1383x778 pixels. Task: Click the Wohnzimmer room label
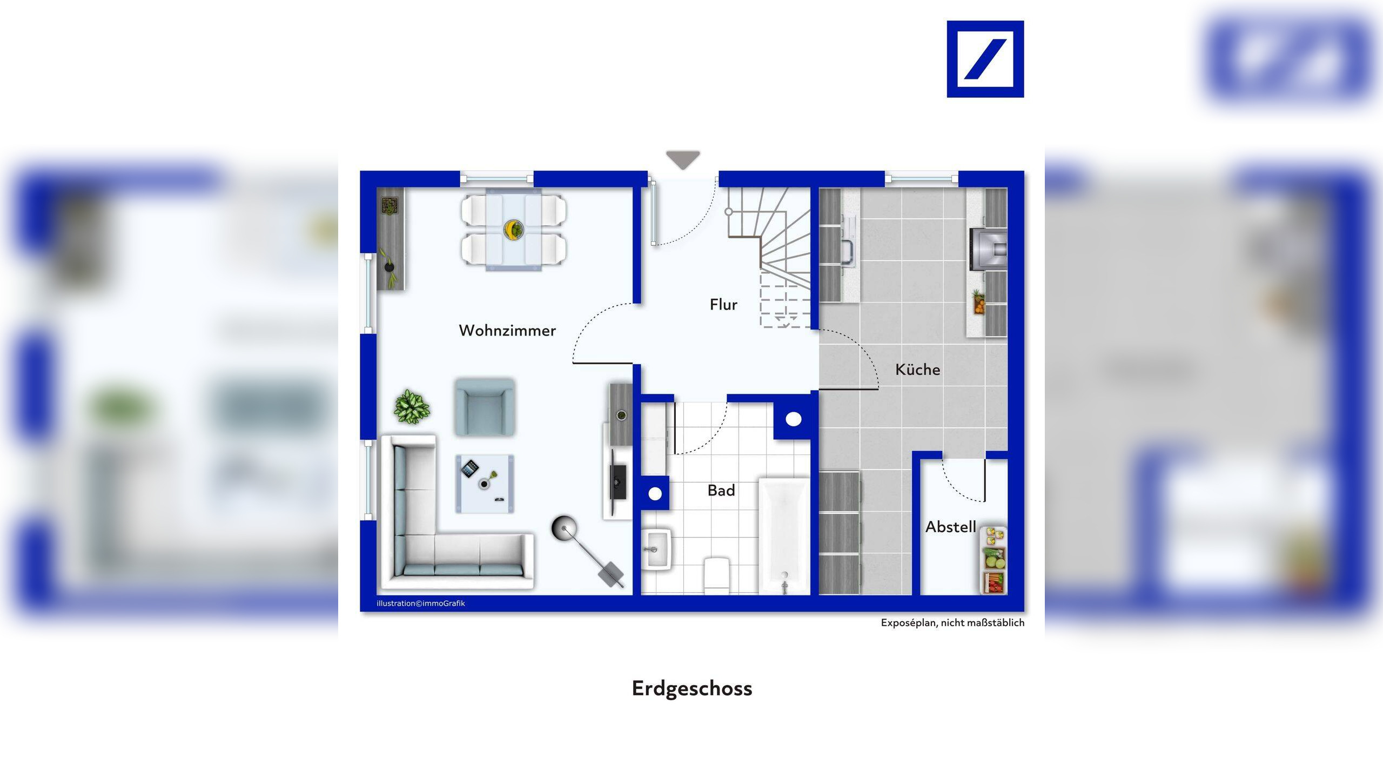pos(507,331)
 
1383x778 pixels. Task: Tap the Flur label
pos(723,305)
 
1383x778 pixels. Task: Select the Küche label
pos(917,370)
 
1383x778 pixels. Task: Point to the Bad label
pos(721,491)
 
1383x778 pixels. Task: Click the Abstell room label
pos(950,527)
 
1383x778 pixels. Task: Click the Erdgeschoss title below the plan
pos(691,688)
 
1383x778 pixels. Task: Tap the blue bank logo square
pos(985,59)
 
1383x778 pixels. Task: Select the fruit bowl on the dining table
pos(513,229)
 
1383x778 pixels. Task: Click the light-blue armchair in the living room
pos(485,407)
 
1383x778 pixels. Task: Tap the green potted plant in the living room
pos(412,406)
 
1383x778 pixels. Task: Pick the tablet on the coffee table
pos(470,468)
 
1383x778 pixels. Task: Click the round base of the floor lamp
pos(563,528)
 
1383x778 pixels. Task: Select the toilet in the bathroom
pos(717,575)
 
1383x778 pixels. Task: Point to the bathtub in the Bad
pos(784,535)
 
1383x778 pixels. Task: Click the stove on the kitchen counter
pos(988,249)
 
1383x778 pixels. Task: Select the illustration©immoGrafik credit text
pos(420,603)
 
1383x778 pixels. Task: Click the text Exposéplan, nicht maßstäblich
pos(952,623)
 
